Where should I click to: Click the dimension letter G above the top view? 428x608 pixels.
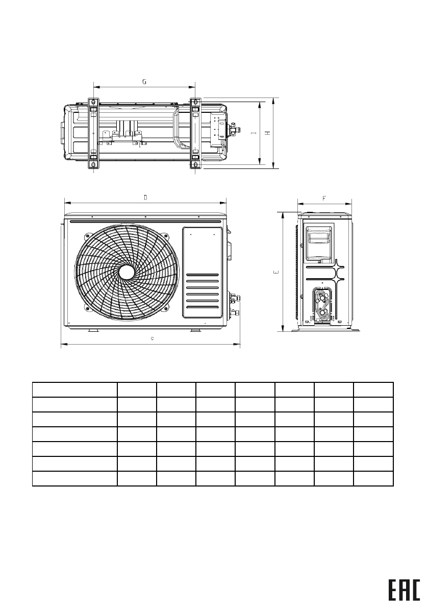(x=144, y=82)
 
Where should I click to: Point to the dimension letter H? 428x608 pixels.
(x=268, y=133)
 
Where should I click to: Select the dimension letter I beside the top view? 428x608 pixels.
(x=254, y=133)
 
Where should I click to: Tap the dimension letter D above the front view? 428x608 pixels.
(x=145, y=198)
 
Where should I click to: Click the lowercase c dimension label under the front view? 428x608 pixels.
(x=152, y=338)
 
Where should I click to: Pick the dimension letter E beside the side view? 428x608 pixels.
(x=276, y=272)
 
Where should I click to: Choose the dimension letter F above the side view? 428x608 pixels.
(x=324, y=199)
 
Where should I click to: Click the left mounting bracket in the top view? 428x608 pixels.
(x=93, y=134)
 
